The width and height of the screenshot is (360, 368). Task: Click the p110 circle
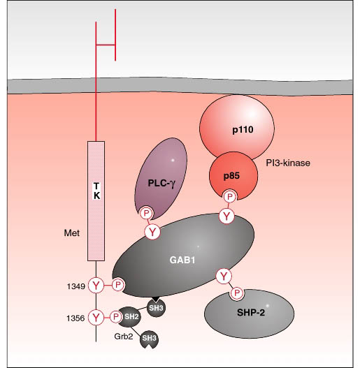[237, 126]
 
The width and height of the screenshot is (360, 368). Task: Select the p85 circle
[233, 175]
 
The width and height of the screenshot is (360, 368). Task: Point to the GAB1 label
[182, 260]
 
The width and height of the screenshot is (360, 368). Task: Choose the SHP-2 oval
[249, 314]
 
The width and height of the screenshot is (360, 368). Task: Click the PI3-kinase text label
[288, 163]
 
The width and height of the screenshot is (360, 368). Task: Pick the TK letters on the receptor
[96, 191]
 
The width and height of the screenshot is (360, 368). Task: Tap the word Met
[72, 233]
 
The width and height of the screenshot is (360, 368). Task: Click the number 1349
[76, 286]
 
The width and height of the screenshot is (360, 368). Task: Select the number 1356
[75, 318]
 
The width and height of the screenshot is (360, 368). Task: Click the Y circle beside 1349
[96, 286]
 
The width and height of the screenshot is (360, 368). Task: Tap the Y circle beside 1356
[96, 317]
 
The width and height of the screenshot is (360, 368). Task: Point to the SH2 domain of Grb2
[131, 317]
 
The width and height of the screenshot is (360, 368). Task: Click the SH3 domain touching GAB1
[157, 307]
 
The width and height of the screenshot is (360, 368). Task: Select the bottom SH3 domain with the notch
[149, 338]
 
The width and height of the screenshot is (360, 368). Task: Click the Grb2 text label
[124, 337]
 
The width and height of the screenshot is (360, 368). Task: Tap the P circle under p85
[230, 197]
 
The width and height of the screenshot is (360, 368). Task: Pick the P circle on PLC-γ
[146, 214]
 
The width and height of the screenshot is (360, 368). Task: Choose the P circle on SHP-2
[237, 293]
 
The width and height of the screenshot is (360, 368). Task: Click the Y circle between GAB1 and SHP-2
[224, 277]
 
